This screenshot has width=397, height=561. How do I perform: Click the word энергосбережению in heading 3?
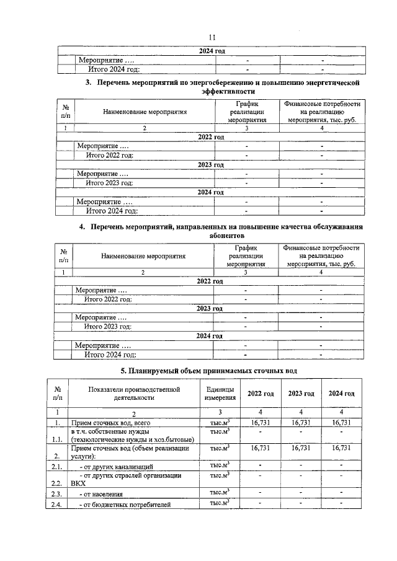click(x=205, y=82)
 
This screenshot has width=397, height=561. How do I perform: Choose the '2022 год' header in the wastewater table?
click(x=261, y=394)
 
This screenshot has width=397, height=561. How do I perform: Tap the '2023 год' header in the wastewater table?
click(x=301, y=394)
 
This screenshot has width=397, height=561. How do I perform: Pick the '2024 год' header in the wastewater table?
click(x=341, y=394)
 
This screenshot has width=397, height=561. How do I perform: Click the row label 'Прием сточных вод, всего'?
click(x=111, y=423)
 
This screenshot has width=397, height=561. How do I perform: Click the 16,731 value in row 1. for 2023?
click(x=301, y=422)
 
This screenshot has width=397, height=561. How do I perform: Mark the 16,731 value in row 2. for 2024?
click(x=341, y=448)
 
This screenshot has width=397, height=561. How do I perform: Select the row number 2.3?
click(x=58, y=494)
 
